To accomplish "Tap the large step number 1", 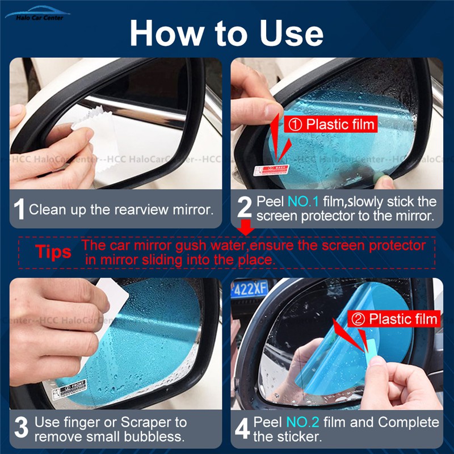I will point(19,209).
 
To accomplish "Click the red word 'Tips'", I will point(53,252).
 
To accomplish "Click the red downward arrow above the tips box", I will point(246,228).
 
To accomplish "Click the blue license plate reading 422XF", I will point(249,288).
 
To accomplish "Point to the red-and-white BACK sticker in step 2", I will point(271,169).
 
